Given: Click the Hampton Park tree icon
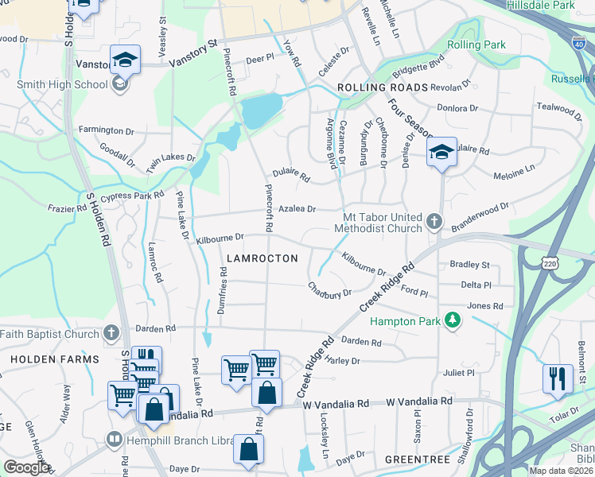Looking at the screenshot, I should click(x=453, y=320).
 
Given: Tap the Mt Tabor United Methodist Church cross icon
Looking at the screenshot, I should click(x=434, y=220).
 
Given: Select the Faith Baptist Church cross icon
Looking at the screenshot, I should click(x=112, y=333).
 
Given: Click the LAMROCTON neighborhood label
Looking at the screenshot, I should click(x=262, y=258).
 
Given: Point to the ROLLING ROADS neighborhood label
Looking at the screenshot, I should click(x=383, y=87).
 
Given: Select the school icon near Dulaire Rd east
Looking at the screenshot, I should click(x=441, y=152).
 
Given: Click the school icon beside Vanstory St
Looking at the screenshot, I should click(x=125, y=60).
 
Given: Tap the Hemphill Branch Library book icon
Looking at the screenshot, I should click(x=115, y=439).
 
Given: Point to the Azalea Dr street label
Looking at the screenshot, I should click(x=297, y=209).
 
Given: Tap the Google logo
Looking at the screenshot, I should click(x=27, y=467).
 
